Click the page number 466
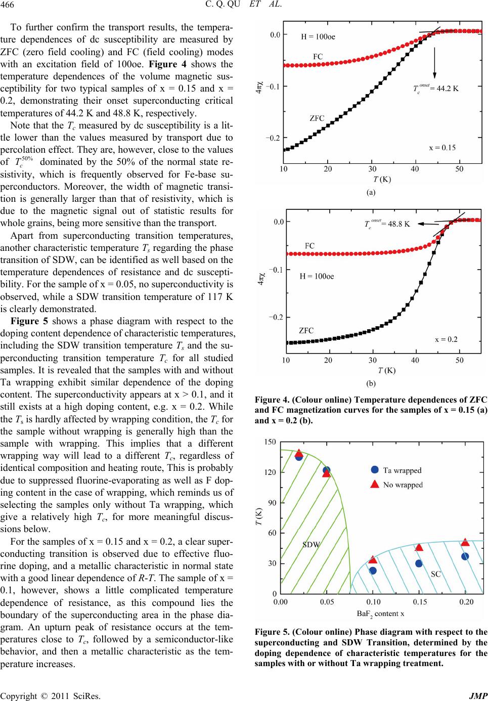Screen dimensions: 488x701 coord(8,5)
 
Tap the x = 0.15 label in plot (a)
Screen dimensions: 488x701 coord(442,147)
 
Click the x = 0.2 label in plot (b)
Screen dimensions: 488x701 coord(446,339)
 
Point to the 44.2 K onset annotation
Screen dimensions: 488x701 coord(436,89)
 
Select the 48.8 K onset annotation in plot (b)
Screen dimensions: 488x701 coord(387,224)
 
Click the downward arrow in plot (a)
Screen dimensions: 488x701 coord(434,63)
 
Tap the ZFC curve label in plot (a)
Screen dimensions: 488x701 coord(317,118)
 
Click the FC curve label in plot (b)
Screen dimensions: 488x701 coord(309,246)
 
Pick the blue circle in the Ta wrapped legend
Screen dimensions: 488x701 coord(374,470)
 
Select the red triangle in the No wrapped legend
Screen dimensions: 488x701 coord(374,484)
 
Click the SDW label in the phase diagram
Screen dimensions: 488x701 coord(311,545)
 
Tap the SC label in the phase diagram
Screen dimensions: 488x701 coord(436,574)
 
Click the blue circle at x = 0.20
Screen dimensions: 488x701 coord(465,556)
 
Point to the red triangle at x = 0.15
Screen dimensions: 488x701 coord(419,547)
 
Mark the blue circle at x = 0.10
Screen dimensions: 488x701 coord(373,571)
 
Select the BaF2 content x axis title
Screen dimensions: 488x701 coord(380,614)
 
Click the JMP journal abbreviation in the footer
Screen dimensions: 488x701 coord(478,696)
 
